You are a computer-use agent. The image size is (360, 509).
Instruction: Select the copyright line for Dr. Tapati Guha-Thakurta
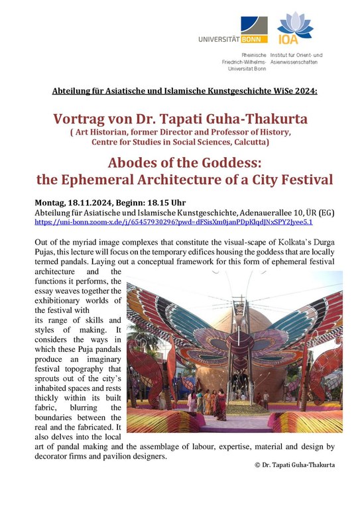294,465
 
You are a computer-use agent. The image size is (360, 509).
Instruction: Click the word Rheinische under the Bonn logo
252,53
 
